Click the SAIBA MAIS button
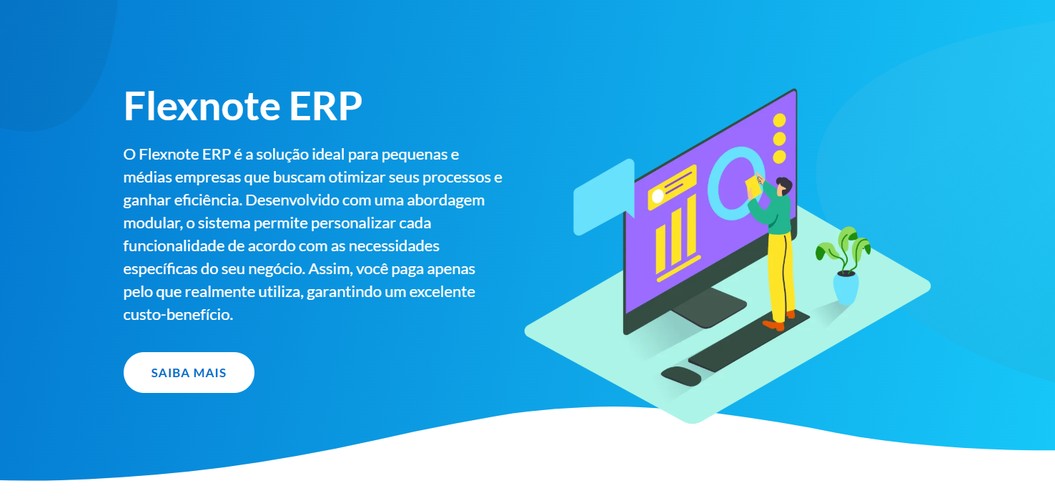pyautogui.click(x=189, y=372)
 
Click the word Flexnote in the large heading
pyautogui.click(x=202, y=107)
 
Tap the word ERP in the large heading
pyautogui.click(x=325, y=107)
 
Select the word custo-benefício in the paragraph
pyautogui.click(x=178, y=314)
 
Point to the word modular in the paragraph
pyautogui.click(x=152, y=223)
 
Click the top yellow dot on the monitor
pyautogui.click(x=780, y=120)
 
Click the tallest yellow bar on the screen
pyautogui.click(x=691, y=226)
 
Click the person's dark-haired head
pyautogui.click(x=783, y=185)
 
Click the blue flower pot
pyautogui.click(x=846, y=288)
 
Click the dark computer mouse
pyautogui.click(x=681, y=376)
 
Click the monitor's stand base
pyautogui.click(x=710, y=308)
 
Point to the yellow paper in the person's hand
pyautogui.click(x=753, y=188)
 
